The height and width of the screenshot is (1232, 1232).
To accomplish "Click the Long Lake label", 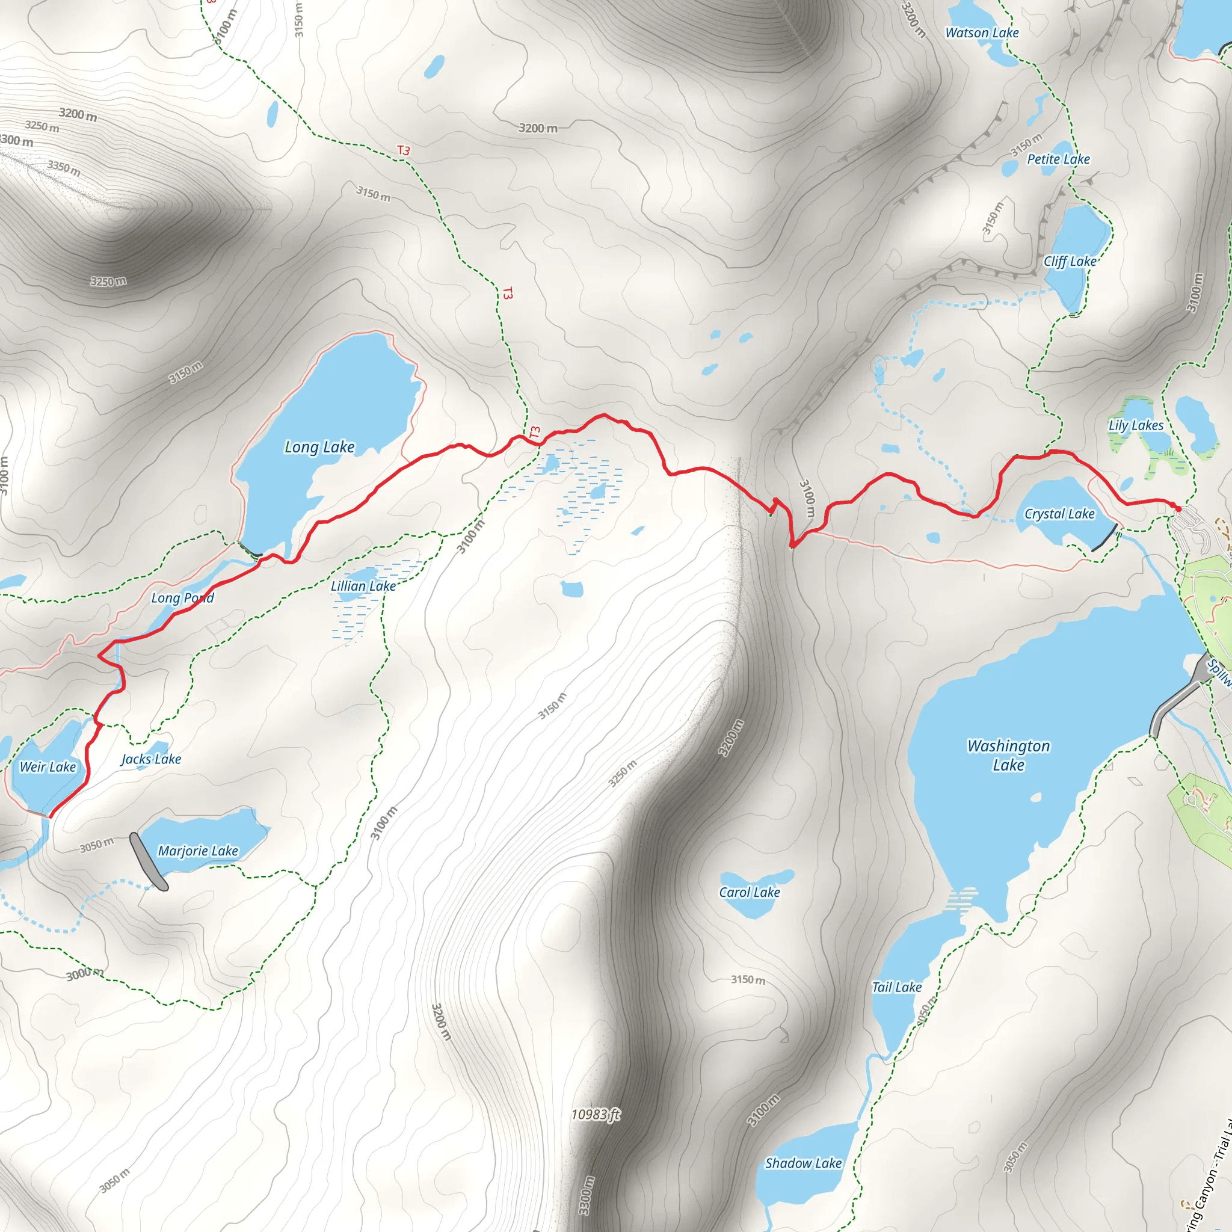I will [x=319, y=447].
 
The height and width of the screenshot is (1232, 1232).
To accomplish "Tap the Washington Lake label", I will [x=1008, y=755].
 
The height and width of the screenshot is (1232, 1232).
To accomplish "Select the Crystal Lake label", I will [x=1059, y=514].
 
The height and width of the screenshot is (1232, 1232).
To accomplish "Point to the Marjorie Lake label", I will [x=198, y=851].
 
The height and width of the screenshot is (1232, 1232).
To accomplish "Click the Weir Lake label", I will [x=48, y=767].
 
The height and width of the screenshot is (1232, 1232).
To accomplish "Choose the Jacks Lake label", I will [x=151, y=759].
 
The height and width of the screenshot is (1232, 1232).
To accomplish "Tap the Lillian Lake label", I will [x=363, y=586].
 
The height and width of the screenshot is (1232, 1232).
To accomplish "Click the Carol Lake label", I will [x=750, y=892].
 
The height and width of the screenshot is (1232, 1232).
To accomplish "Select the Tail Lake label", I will [x=896, y=987].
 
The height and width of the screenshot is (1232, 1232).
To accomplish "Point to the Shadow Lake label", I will [x=804, y=1163].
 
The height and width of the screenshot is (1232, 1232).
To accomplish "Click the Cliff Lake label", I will [x=1070, y=262].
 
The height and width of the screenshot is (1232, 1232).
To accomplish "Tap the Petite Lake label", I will [x=1058, y=159].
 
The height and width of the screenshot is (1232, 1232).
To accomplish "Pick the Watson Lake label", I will [x=982, y=33].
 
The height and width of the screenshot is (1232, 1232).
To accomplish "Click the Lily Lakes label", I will [x=1136, y=425].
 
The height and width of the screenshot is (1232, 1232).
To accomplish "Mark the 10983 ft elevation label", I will [x=595, y=1114].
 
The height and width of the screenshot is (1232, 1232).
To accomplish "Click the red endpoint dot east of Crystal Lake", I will [x=1178, y=509].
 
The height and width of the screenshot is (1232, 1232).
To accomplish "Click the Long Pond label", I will [x=182, y=598].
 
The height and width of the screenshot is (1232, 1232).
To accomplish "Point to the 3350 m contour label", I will [x=64, y=168].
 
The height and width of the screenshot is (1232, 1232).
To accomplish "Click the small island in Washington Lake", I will [x=1036, y=798].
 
